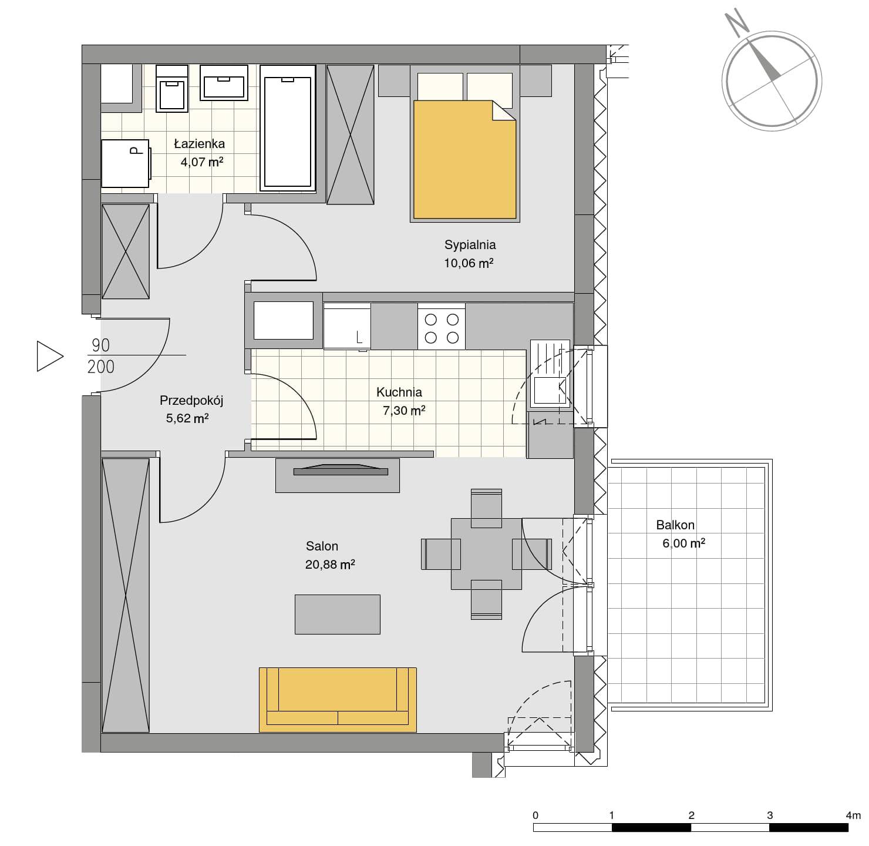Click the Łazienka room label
(199, 143)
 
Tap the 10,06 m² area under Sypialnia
(469, 263)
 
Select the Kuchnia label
(399, 392)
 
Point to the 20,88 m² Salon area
(330, 565)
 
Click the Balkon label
(675, 525)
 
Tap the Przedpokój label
(191, 401)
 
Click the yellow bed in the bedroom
(464, 160)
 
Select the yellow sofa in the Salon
(338, 700)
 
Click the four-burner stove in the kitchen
(441, 326)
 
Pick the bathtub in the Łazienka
(288, 128)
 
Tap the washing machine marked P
(125, 163)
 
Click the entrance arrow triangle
(49, 356)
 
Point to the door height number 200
(101, 367)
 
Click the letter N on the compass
(736, 23)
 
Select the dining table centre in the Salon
(486, 554)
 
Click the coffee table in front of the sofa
(337, 615)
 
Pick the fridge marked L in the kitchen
(347, 326)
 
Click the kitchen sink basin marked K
(550, 391)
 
